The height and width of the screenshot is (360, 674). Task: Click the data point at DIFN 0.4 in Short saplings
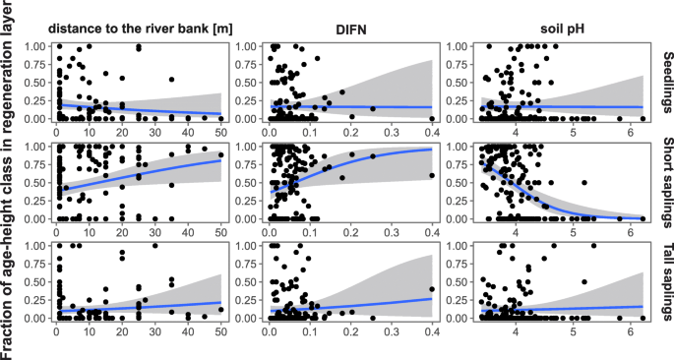(x=431, y=175)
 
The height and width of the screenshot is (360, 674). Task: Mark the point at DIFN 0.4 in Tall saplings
(x=431, y=290)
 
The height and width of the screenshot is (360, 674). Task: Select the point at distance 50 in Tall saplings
(x=220, y=308)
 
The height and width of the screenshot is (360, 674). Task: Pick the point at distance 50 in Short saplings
(x=220, y=152)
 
